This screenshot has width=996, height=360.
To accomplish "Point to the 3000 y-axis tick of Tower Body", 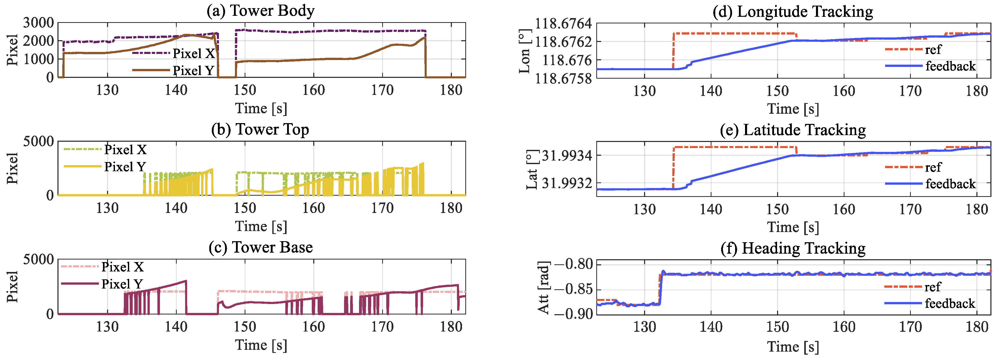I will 38,23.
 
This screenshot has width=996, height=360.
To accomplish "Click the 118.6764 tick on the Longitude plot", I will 562,24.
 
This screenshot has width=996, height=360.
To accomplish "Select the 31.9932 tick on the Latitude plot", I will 567,183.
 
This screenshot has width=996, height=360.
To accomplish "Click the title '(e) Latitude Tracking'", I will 793,130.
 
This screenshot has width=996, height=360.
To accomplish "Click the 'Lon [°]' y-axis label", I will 525,51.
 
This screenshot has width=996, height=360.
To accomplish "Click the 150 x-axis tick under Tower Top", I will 245,208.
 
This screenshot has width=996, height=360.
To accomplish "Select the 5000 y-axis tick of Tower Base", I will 38,260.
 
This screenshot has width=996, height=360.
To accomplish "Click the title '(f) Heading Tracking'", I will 793,248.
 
